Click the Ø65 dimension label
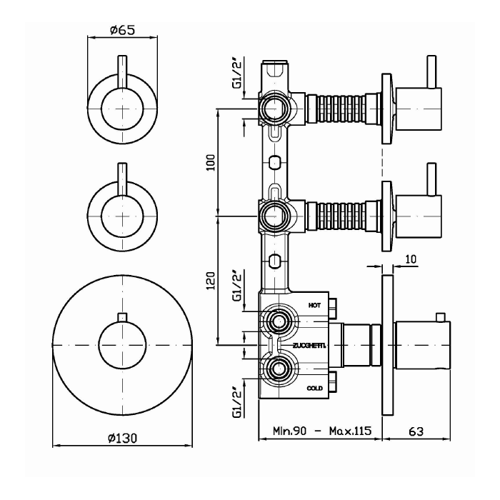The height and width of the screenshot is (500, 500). (123, 31)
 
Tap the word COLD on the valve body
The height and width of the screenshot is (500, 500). (315, 388)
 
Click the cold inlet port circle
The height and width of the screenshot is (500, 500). (275, 370)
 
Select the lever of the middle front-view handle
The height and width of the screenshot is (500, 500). (124, 182)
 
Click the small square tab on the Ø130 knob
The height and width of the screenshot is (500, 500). (122, 316)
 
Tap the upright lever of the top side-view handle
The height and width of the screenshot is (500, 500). (431, 71)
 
